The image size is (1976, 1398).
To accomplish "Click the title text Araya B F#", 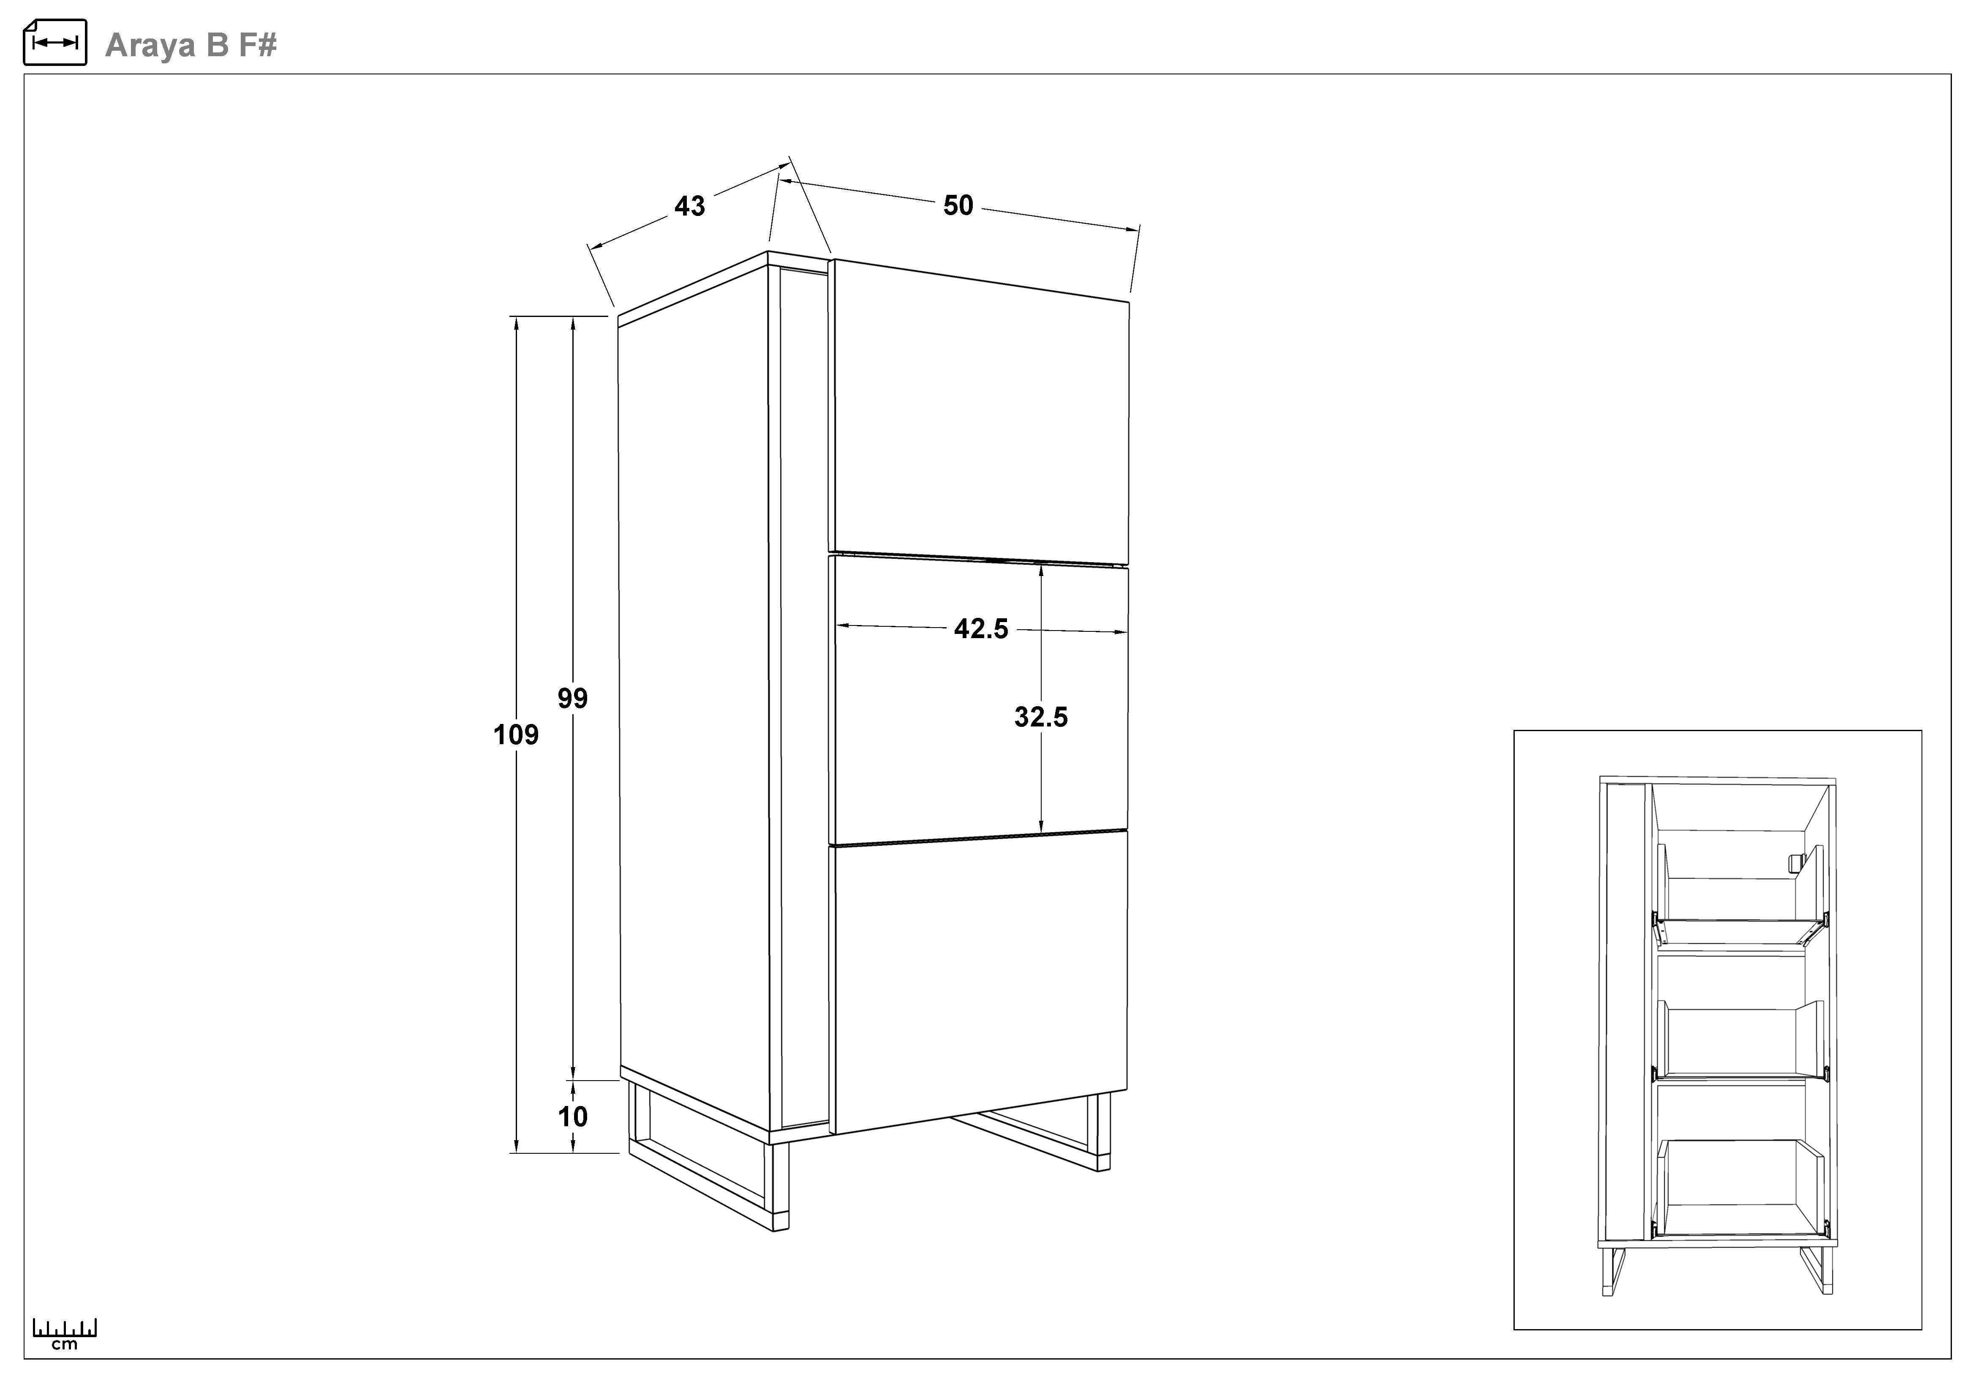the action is [x=191, y=45].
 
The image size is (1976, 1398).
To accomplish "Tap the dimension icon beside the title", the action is [x=55, y=42].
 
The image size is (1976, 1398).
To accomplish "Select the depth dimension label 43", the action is [x=689, y=206].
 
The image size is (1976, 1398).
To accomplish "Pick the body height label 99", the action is [x=572, y=698].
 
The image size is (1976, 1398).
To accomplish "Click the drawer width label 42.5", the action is [x=981, y=629].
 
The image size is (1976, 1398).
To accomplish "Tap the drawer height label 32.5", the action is [x=1041, y=717].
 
